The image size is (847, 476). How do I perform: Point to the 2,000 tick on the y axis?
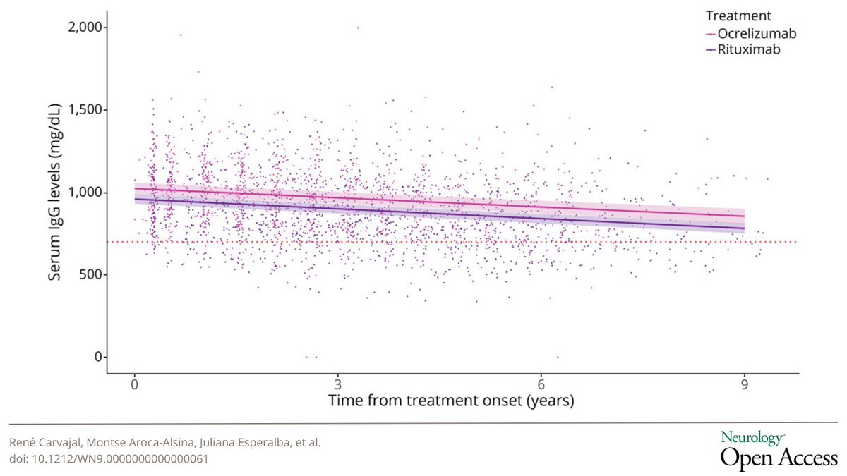[86, 27]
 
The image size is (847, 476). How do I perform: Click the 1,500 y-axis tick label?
[86, 109]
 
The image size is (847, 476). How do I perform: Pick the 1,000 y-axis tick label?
[86, 192]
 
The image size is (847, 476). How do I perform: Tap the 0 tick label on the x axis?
[134, 385]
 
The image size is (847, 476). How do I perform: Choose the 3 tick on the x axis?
[337, 385]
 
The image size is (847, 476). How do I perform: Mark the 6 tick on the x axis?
[541, 385]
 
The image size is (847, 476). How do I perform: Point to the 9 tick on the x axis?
[744, 385]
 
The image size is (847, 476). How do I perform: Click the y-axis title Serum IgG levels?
[54, 192]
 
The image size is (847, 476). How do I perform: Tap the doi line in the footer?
[109, 458]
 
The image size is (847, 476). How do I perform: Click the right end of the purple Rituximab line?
[744, 228]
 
